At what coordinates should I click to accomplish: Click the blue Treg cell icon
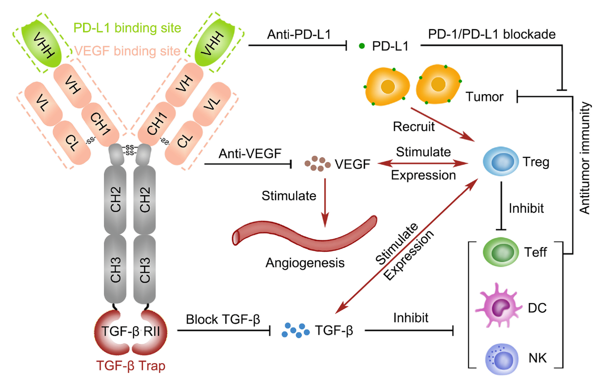[501, 161]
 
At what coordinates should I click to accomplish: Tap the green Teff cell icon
[501, 252]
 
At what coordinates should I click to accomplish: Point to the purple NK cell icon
[502, 359]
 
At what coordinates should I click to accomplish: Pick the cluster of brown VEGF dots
[317, 164]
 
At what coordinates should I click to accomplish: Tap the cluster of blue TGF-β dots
[296, 330]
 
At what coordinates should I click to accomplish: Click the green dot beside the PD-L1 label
[362, 46]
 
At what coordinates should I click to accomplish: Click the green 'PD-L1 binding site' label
[127, 28]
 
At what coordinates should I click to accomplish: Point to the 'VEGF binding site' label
[127, 51]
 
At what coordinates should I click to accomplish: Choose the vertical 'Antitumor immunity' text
[584, 158]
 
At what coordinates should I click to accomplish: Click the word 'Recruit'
[414, 127]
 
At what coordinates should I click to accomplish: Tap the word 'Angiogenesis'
[305, 263]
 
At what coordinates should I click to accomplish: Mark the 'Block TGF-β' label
[223, 319]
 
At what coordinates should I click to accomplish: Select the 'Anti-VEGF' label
[250, 153]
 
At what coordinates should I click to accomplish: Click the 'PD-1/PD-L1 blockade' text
[492, 34]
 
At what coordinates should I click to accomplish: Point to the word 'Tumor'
[484, 97]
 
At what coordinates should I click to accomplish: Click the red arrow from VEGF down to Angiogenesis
[325, 202]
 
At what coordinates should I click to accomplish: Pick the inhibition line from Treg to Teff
[501, 206]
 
